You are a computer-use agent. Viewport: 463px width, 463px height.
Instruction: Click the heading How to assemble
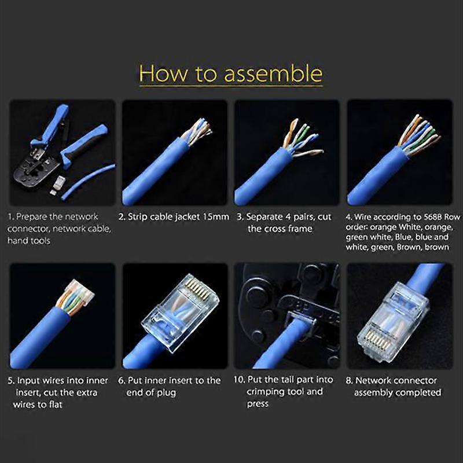[x=230, y=74]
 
